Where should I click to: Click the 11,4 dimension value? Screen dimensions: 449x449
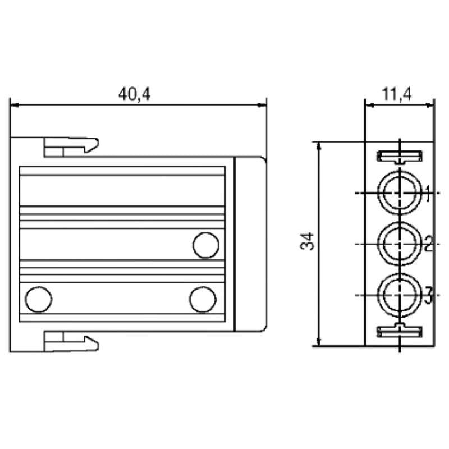pyautogui.click(x=397, y=94)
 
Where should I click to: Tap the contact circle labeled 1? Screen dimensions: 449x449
pyautogui.click(x=398, y=192)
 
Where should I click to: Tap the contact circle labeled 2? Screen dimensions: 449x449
pyautogui.click(x=398, y=244)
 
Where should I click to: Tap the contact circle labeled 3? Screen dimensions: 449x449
pyautogui.click(x=398, y=295)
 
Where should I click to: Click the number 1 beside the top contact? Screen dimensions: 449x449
pyautogui.click(x=428, y=194)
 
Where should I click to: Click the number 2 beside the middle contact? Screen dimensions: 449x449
pyautogui.click(x=428, y=245)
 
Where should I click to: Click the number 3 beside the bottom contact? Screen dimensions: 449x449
pyautogui.click(x=428, y=295)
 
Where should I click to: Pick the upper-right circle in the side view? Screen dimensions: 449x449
pyautogui.click(x=205, y=245)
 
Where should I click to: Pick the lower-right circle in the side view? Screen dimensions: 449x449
pyautogui.click(x=202, y=299)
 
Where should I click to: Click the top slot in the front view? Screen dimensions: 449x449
pyautogui.click(x=399, y=156)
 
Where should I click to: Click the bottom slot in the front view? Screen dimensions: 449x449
pyautogui.click(x=399, y=331)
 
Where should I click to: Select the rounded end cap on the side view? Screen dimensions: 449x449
pyautogui.click(x=250, y=244)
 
